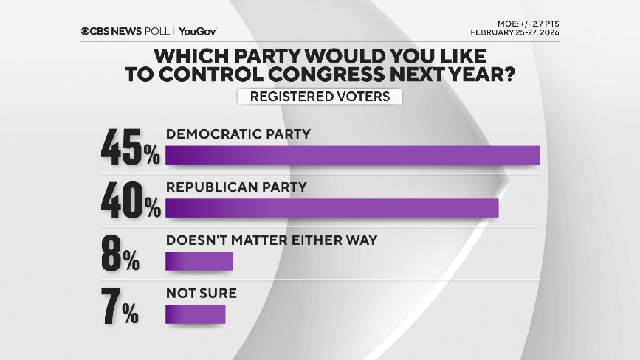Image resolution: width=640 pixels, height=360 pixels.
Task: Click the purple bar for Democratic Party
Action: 352,155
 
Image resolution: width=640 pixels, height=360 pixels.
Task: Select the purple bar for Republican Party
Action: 332,208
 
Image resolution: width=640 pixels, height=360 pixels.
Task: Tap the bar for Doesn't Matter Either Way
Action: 199,261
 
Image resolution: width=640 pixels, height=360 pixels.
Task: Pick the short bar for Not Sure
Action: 195,314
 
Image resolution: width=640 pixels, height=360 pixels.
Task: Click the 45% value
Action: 130,148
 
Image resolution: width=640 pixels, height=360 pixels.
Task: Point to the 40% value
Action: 130,201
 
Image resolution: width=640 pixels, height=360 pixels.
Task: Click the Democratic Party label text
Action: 238,134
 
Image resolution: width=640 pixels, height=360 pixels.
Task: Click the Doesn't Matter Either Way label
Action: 272,240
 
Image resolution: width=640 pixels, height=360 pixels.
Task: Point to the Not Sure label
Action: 201,294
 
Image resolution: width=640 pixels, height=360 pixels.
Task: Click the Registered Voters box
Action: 320,97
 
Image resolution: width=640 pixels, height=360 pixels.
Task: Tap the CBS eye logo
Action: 86,31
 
